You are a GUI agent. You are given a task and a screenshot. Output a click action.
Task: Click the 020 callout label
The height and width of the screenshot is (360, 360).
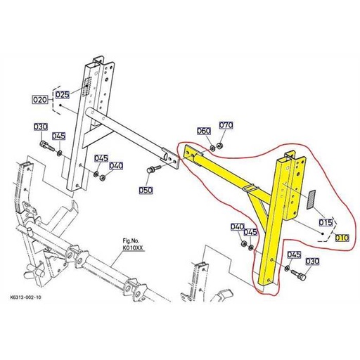pos(40,101)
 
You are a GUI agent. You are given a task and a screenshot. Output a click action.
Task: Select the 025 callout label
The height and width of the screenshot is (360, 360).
pos(63,94)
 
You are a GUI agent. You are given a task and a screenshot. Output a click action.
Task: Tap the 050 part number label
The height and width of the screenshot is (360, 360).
pos(146,191)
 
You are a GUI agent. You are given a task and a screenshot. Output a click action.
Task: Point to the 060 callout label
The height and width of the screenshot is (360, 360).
pos(203,131)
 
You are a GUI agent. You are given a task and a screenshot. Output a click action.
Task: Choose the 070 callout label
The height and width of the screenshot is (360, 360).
pos(226,125)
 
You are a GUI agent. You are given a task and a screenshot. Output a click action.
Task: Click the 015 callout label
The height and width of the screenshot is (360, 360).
pos(326,223)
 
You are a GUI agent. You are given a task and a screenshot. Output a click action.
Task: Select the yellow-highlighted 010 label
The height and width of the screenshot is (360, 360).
pos(342,238)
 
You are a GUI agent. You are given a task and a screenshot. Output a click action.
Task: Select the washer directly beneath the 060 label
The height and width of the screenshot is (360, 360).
pos(208,150)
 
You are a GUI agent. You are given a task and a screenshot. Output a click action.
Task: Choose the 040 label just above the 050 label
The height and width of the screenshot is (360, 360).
pos(116,166)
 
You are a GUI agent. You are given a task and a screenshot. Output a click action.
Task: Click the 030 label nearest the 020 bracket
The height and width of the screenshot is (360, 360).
pos(40,127)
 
